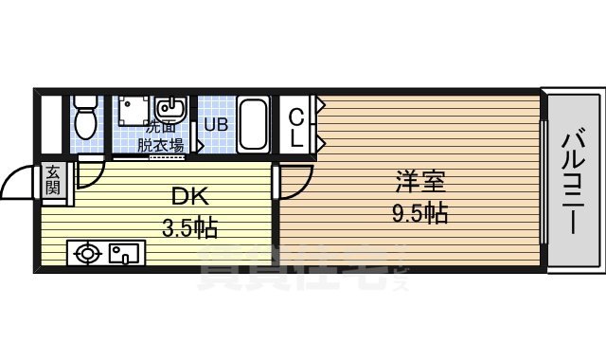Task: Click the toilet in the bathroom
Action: [x=86, y=118]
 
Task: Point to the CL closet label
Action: [x=296, y=127]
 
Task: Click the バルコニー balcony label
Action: [x=573, y=181]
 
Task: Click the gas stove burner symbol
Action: [x=88, y=253]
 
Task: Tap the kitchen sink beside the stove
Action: [x=123, y=253]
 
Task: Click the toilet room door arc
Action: [x=91, y=171]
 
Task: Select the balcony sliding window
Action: [x=543, y=180]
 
